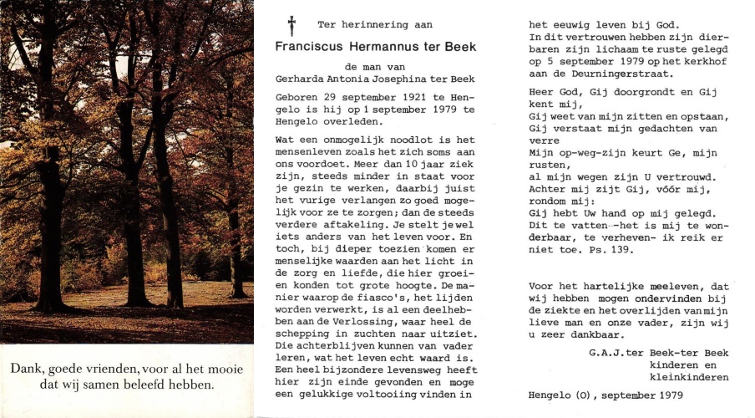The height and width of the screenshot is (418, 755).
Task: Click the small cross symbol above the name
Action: (x=292, y=25)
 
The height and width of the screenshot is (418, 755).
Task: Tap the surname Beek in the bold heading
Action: (x=460, y=47)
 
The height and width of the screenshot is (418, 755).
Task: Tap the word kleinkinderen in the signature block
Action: (x=688, y=377)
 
